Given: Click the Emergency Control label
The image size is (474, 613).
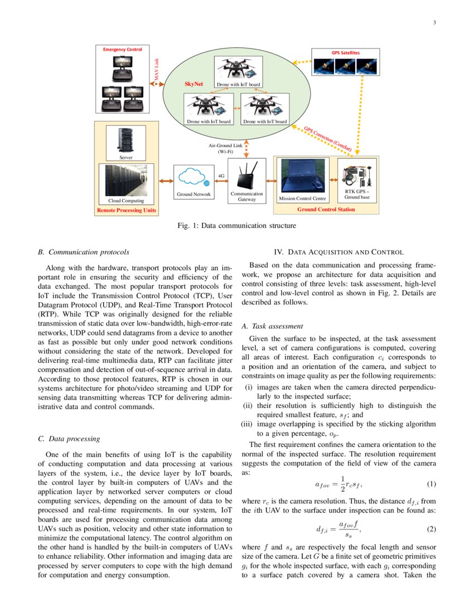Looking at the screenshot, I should coord(122,50).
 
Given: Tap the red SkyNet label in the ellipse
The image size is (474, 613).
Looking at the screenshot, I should coord(193,84).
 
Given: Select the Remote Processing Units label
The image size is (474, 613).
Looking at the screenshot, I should coord(127,211).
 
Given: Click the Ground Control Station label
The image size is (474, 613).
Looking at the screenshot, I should coord(326,210).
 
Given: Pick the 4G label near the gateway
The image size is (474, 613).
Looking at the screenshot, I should coord(221,175).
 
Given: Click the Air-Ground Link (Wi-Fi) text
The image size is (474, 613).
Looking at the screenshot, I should coord(221,148).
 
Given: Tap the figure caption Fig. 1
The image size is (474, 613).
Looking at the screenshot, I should coord(236,226).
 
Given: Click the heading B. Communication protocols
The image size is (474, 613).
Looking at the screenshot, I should coord(84,252).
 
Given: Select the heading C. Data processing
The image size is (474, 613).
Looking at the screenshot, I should coord(69,439).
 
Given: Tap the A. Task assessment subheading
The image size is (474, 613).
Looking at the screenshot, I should coord(272,326).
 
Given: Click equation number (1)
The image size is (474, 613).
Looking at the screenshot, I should coord(431,483).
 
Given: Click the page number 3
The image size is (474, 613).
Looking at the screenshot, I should coord(433,23).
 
